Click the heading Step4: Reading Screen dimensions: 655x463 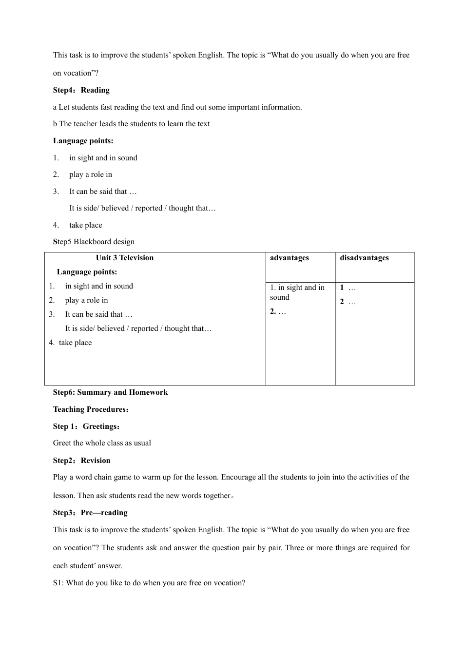click(81, 90)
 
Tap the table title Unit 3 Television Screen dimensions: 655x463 click(125, 258)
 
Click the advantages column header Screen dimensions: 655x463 click(289, 258)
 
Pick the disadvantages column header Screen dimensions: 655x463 click(365, 258)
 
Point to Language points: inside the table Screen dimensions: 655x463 click(87, 272)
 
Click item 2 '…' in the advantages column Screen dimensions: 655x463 click(278, 311)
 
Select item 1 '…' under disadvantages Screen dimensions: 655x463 click(348, 288)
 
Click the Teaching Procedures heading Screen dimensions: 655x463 click(91, 409)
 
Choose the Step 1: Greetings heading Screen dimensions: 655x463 click(86, 426)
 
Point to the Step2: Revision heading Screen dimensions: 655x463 click(82, 461)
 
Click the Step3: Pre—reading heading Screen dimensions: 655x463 click(90, 513)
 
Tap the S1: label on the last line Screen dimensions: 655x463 click(58, 583)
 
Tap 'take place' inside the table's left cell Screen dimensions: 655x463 click(75, 343)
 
